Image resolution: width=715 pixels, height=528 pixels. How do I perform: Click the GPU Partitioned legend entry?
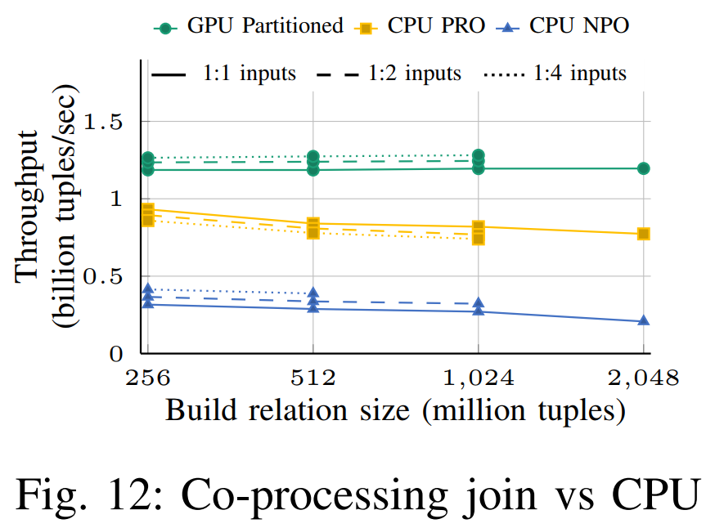pos(249,26)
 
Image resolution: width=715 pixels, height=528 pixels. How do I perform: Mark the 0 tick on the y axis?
pos(115,354)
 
